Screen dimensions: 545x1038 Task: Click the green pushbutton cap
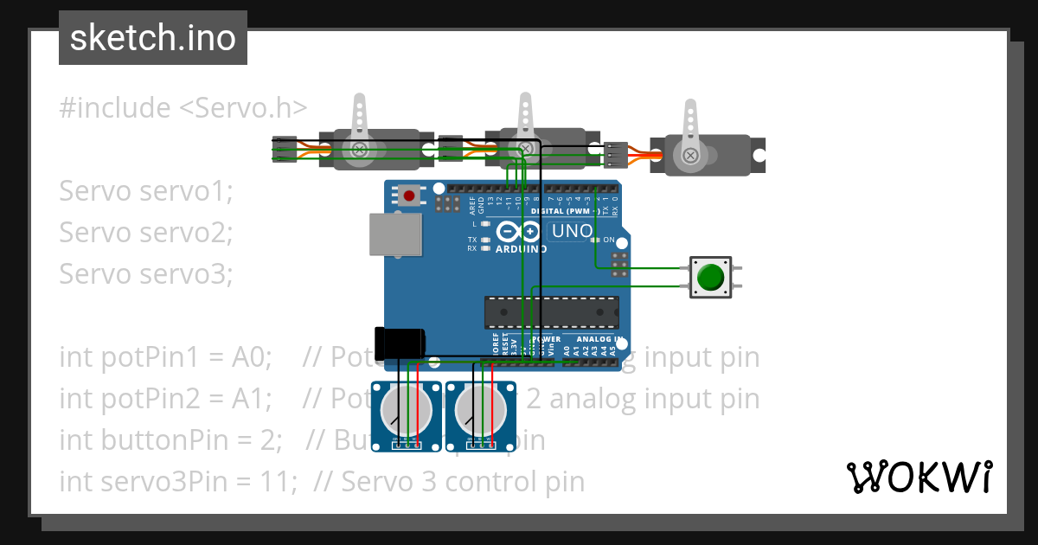click(x=710, y=277)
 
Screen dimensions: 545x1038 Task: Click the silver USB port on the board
click(x=395, y=234)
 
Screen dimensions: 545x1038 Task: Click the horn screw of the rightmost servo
click(x=690, y=155)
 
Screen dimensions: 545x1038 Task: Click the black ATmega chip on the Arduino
click(x=551, y=312)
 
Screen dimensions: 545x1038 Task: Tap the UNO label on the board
click(x=572, y=231)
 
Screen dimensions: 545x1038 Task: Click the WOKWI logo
click(x=919, y=477)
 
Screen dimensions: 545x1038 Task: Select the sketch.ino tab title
click(x=153, y=38)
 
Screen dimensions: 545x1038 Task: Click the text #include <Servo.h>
click(x=183, y=108)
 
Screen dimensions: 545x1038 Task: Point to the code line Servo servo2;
click(x=146, y=232)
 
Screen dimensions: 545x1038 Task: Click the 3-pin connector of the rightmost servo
click(x=616, y=154)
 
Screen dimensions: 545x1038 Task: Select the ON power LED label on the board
click(x=608, y=240)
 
